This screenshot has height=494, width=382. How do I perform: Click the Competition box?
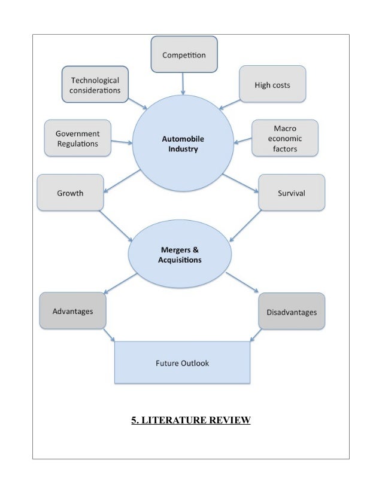tap(184, 55)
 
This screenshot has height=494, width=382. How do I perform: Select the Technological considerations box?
tap(95, 85)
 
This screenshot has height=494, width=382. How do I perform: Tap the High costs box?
tap(272, 85)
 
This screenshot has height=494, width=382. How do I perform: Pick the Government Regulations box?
tap(77, 138)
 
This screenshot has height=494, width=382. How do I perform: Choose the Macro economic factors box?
tap(284, 138)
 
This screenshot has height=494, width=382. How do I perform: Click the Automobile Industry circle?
tap(183, 144)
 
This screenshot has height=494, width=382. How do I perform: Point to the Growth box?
tap(70, 193)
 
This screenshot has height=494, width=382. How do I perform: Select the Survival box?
tap(292, 193)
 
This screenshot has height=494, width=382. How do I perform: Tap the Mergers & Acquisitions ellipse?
tap(180, 255)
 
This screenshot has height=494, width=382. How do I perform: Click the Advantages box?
tap(72, 312)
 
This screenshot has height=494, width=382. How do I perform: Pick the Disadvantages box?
tap(292, 312)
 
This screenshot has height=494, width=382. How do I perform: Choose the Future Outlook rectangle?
tap(182, 362)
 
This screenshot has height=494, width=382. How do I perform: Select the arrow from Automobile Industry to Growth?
tap(122, 181)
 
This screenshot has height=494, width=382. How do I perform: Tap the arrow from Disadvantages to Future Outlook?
tap(255, 335)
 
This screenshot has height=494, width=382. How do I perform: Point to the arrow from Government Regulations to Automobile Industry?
tap(122, 142)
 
